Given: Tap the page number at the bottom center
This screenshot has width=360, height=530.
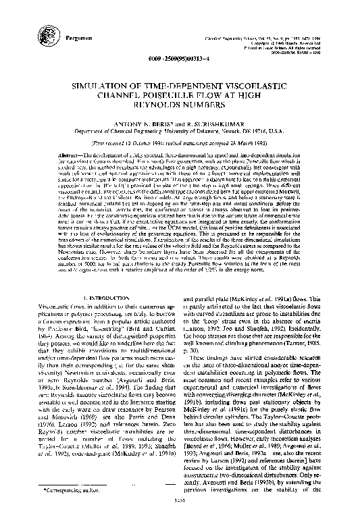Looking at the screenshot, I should (180, 519).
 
